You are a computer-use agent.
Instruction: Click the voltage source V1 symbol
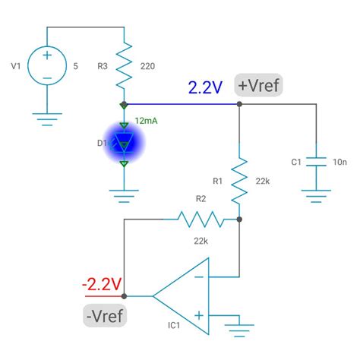point(47,66)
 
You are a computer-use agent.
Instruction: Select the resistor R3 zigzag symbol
point(123,66)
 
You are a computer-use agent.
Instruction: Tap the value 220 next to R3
point(148,66)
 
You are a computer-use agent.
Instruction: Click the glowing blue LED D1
point(123,141)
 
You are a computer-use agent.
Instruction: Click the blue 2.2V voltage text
point(205,87)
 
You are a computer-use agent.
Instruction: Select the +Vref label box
point(258,86)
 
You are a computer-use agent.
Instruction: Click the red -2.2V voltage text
point(102,284)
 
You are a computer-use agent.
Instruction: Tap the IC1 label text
point(174,326)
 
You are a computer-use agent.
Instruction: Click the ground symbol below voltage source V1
point(47,117)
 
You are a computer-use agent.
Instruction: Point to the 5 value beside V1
point(75,66)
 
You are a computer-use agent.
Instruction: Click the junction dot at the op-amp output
point(123,296)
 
